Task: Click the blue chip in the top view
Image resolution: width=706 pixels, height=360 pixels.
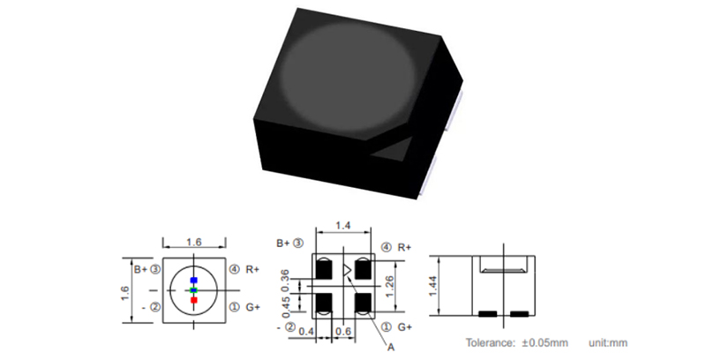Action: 193,280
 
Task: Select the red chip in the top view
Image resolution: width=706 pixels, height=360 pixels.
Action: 194,300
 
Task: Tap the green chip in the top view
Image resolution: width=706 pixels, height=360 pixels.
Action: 193,290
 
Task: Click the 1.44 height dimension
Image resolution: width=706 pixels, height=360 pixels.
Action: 433,286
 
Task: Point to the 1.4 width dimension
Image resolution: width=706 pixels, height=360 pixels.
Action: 343,225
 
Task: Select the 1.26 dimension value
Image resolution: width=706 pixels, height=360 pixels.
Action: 390,286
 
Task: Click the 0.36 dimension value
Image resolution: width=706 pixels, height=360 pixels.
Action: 284,281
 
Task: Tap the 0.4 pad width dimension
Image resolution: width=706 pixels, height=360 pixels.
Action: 306,332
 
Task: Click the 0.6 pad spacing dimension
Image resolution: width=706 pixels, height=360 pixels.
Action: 343,332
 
